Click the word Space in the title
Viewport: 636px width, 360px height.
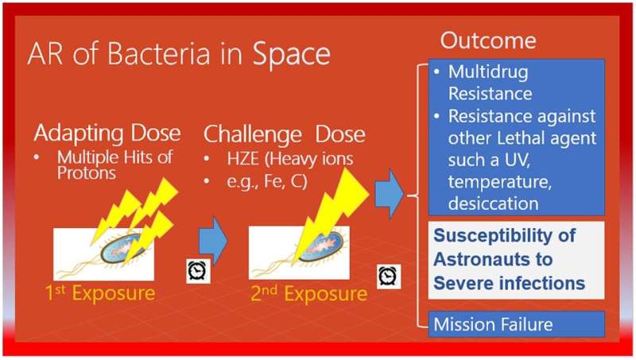click(292, 54)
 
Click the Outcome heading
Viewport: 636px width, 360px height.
click(488, 41)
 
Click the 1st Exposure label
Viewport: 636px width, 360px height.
click(99, 293)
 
